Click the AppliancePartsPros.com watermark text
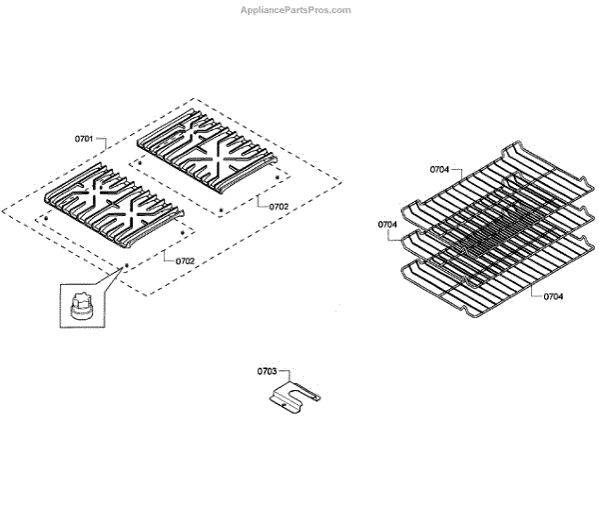296,10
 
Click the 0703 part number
266,371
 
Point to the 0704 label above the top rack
440,170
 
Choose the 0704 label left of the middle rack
388,225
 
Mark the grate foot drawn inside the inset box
79,304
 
